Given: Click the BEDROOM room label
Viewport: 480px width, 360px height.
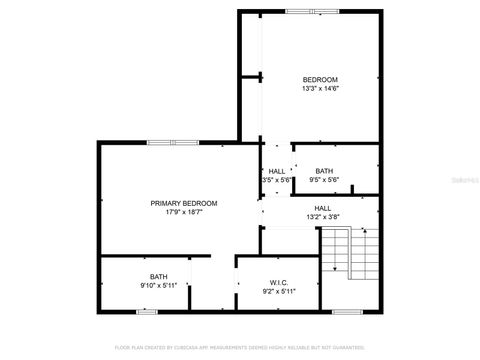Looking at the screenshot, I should pos(320,79).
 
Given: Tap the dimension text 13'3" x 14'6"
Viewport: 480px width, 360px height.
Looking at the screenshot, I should pos(320,89).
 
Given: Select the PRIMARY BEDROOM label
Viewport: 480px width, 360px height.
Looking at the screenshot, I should pos(184,203).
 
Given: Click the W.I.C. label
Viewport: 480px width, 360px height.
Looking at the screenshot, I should pos(279,282).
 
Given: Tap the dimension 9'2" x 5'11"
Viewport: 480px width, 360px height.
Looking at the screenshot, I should pos(279,291).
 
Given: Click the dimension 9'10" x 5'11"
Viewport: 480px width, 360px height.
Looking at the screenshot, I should pos(159,286).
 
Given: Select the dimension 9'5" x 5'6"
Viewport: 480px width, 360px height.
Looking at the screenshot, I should pos(324,181).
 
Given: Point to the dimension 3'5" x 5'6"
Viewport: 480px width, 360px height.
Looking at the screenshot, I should pos(277,181).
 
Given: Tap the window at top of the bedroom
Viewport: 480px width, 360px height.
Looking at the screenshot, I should pos(311,11).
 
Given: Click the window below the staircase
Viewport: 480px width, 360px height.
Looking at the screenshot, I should pos(346,311).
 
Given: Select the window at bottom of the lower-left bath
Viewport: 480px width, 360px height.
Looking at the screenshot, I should pos(147,311).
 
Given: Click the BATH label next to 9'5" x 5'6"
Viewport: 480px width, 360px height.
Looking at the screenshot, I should pos(324,171).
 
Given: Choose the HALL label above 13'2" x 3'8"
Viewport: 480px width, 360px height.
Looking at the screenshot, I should pos(323,208).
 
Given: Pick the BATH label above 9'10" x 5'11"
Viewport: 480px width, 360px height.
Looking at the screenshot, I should pos(159,276).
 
